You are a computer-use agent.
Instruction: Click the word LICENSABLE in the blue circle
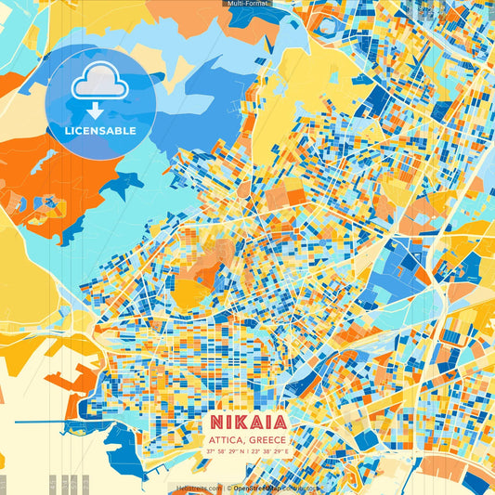[x=100, y=131]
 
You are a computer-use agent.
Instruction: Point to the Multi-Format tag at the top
[x=247, y=4]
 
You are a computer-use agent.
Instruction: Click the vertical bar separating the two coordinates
[x=248, y=452]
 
